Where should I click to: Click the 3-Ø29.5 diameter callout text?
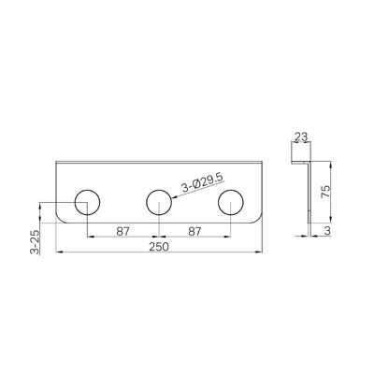202,182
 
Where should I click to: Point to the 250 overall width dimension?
159,247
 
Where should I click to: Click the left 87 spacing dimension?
122,232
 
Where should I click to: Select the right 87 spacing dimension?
194,232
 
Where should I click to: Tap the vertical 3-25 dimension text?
35,242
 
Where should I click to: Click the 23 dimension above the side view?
301,137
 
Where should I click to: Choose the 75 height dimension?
325,191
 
